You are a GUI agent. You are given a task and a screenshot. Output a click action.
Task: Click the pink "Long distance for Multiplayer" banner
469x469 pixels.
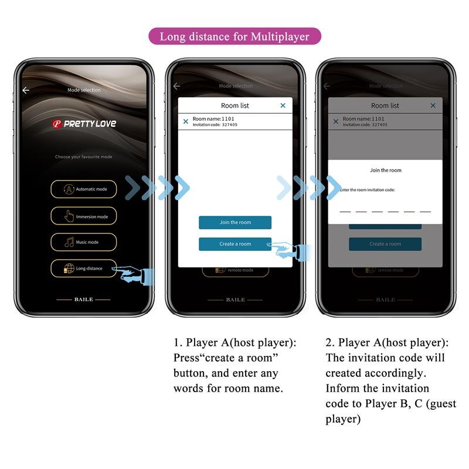[x=235, y=36]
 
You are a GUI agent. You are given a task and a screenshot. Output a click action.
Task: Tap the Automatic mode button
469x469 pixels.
[x=83, y=189]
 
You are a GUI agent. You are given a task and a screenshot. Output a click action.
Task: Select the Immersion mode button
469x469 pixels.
[x=83, y=216]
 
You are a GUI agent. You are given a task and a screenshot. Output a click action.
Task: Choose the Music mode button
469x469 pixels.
[x=83, y=242]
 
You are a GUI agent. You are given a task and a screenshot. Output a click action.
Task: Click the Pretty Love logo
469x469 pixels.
[x=84, y=124]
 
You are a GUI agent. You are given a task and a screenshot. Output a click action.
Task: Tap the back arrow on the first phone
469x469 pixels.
[x=26, y=90]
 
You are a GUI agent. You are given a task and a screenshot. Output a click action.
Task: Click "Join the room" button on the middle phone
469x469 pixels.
[x=235, y=223]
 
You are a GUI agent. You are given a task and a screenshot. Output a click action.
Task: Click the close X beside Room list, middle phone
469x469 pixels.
[x=283, y=106]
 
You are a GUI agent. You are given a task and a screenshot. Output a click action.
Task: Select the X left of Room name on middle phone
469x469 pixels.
[x=186, y=121]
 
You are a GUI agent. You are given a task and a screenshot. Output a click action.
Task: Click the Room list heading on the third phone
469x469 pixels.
[x=385, y=106]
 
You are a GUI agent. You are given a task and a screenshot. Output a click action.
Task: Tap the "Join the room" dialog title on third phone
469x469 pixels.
[x=385, y=171]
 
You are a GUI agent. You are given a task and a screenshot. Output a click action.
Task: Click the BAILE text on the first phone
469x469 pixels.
[x=83, y=300]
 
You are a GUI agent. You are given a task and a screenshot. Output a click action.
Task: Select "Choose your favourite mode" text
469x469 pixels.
[x=83, y=157]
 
